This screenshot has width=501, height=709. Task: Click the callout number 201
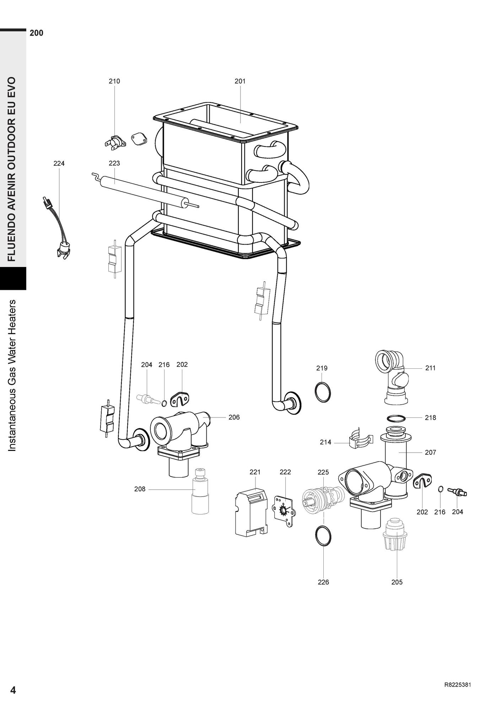[240, 81]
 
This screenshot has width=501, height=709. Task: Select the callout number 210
[114, 81]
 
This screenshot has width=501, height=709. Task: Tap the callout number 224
[59, 163]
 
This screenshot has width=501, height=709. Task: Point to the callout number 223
[114, 163]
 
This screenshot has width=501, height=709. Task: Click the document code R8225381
[458, 685]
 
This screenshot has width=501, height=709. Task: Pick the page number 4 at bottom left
[13, 690]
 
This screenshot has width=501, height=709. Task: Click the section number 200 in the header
[37, 33]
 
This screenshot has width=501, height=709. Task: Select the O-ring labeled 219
[323, 392]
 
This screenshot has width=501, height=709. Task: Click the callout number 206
[234, 417]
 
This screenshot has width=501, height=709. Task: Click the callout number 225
[323, 472]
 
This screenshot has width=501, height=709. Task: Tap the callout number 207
[430, 452]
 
